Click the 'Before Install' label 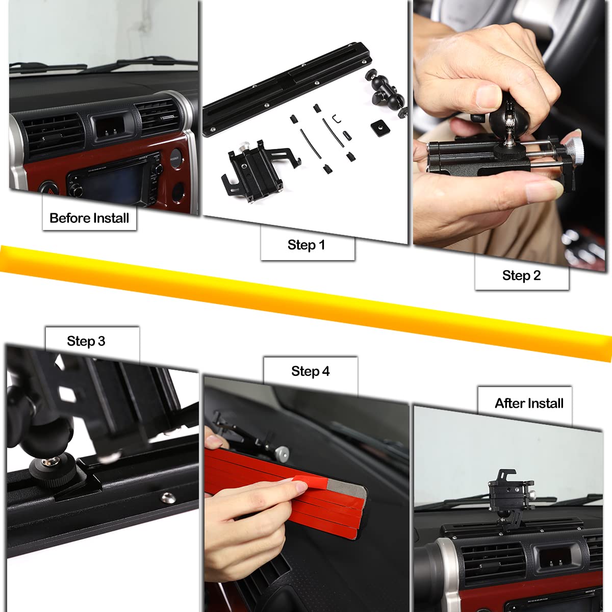(89, 218)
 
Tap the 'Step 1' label (306, 245)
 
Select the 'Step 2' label (521, 275)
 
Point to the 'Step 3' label (86, 341)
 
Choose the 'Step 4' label (310, 371)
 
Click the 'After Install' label (529, 403)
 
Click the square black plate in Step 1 (380, 127)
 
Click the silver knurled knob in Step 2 (574, 149)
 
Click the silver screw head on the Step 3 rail (167, 497)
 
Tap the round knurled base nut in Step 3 (54, 469)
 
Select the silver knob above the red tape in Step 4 (282, 453)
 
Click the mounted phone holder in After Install (509, 495)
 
